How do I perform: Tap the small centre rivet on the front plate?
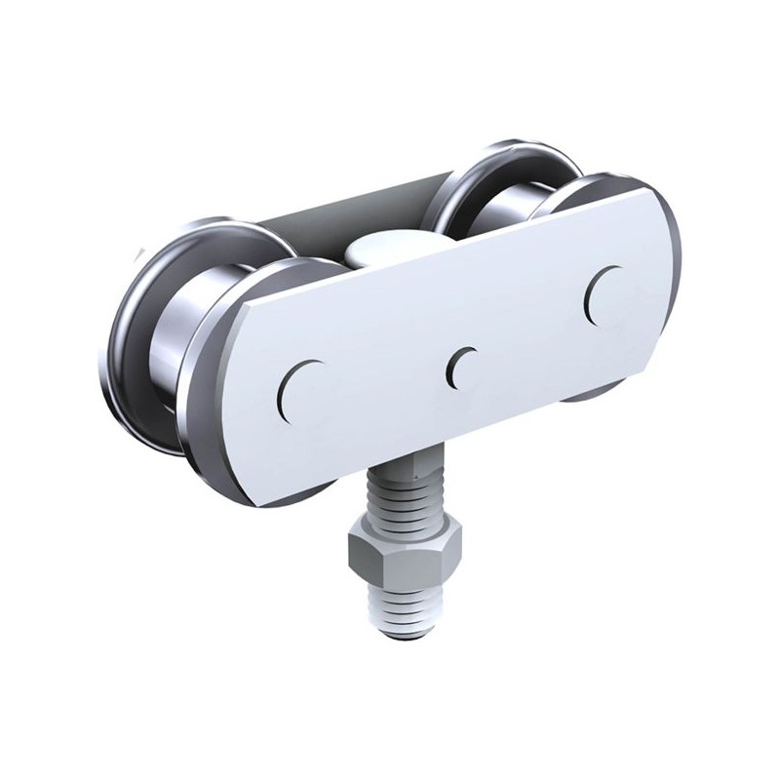pos(461,366)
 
